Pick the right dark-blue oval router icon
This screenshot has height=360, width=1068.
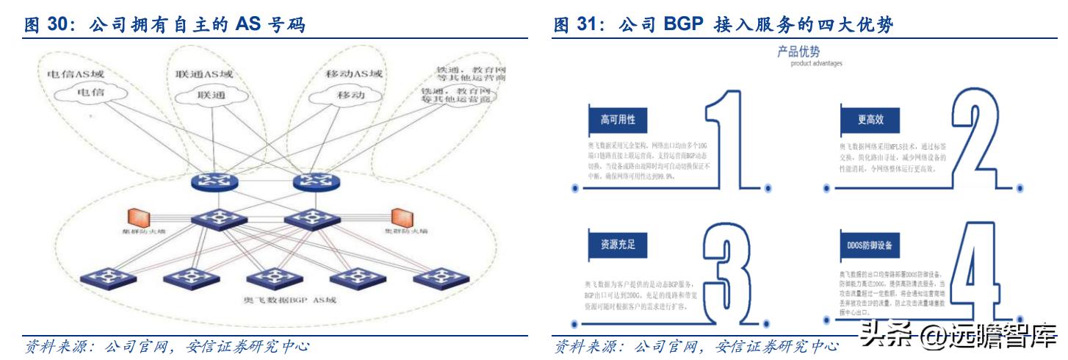coord(314,182)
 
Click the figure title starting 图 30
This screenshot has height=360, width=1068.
coord(165,26)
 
